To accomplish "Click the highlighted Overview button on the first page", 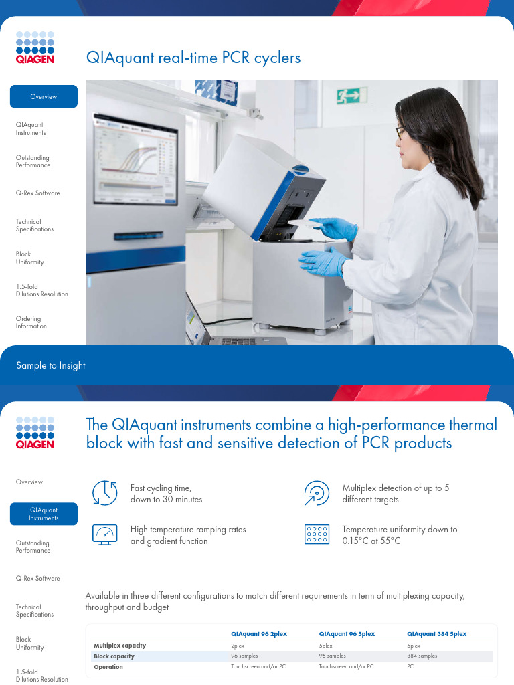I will pyautogui.click(x=44, y=96).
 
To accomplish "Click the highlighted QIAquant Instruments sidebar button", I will pyautogui.click(x=44, y=514).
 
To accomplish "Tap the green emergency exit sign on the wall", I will pyautogui.click(x=352, y=96).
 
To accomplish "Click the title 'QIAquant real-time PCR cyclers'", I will pyautogui.click(x=193, y=58).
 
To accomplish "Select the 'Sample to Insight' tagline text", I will pyautogui.click(x=51, y=365).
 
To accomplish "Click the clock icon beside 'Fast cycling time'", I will pyautogui.click(x=104, y=492).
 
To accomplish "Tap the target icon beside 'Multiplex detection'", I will pyautogui.click(x=316, y=492).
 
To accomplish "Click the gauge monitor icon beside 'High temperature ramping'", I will pyautogui.click(x=104, y=534).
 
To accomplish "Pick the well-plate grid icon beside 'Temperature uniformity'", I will pyautogui.click(x=316, y=534).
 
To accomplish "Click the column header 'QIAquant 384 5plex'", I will pyautogui.click(x=436, y=633).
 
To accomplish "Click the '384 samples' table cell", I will pyautogui.click(x=422, y=656).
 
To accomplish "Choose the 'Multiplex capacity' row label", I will pyautogui.click(x=119, y=646).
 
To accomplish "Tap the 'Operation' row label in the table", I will pyautogui.click(x=108, y=667).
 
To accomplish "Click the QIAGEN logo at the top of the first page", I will pyautogui.click(x=35, y=45).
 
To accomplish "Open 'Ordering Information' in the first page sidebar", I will pyautogui.click(x=31, y=322).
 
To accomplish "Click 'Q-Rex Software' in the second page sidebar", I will pyautogui.click(x=37, y=578).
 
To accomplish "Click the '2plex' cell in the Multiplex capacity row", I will pyautogui.click(x=238, y=646).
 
